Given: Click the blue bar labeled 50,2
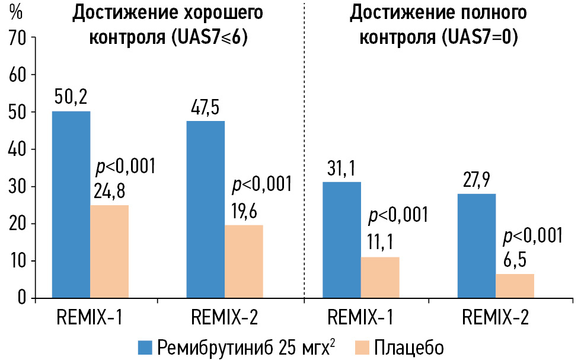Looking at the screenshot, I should point(71,205).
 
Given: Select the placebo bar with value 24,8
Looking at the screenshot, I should point(109,251).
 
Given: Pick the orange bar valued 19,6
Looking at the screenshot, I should point(244,261).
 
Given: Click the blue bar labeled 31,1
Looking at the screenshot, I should point(341,240).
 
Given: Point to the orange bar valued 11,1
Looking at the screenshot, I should point(380,277).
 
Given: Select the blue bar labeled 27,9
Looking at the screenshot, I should point(476,246).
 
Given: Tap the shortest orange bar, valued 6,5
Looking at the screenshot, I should point(515,285).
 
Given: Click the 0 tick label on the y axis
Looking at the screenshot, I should point(23,298).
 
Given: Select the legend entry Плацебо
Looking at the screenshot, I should point(408,346).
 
